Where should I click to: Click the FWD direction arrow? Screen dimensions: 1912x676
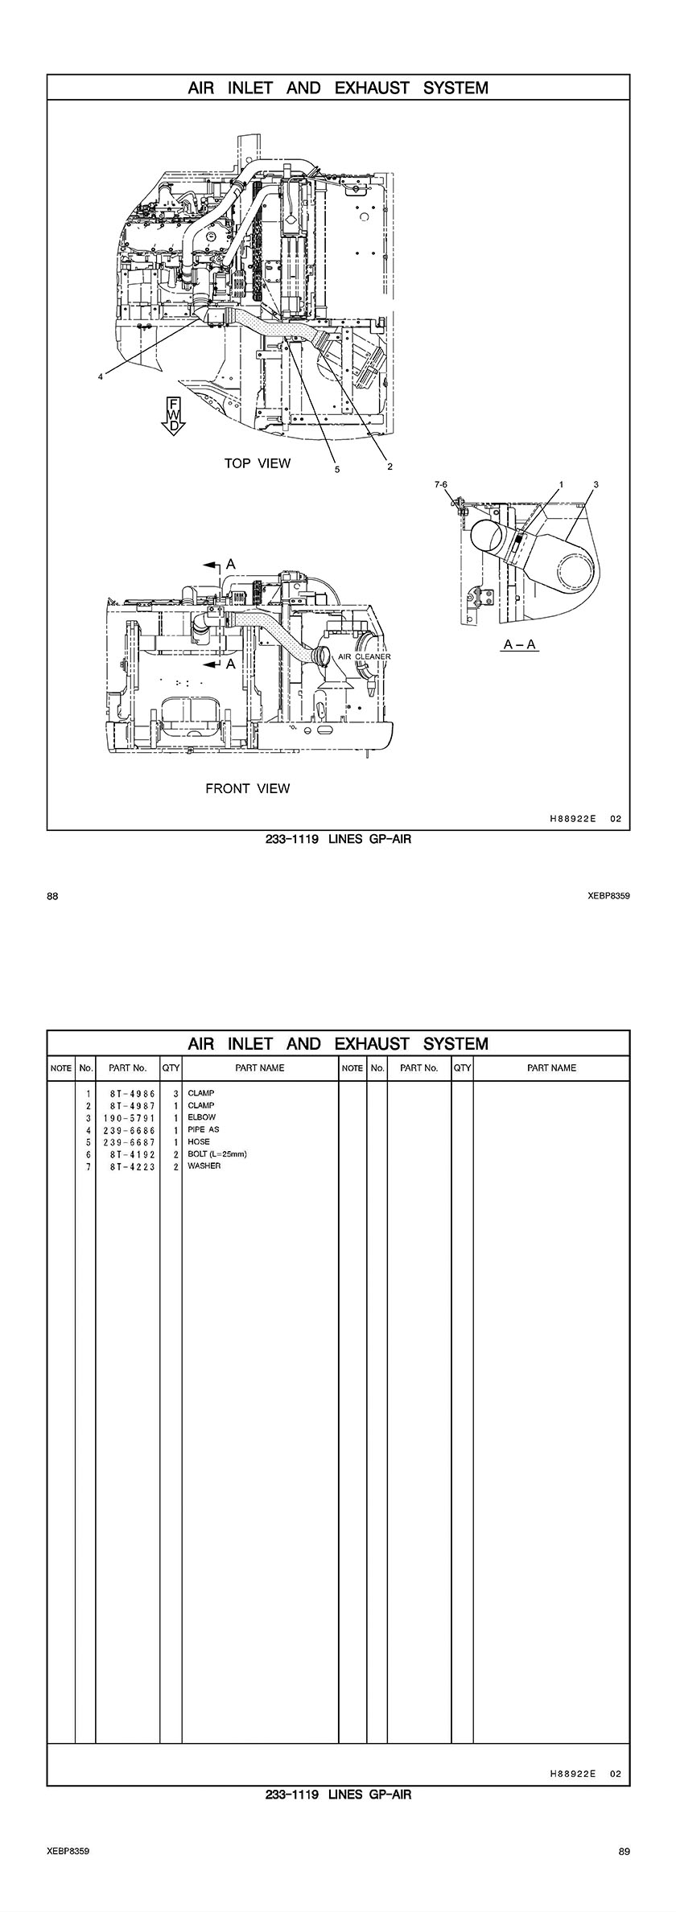[x=172, y=415]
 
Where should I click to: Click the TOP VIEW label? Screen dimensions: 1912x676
[x=258, y=463]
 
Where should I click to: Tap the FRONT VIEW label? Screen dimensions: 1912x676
[x=247, y=788]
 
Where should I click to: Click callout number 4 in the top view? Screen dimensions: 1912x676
[x=100, y=376]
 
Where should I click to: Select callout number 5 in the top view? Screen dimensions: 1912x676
[x=337, y=469]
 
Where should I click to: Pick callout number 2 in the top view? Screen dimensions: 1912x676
[x=390, y=466]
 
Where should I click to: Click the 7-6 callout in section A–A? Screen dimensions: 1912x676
[x=440, y=485]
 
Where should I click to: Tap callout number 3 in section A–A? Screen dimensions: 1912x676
[x=596, y=485]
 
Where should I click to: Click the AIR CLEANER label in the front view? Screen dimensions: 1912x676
[x=364, y=656]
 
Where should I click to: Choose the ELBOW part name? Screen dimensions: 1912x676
[x=201, y=1117]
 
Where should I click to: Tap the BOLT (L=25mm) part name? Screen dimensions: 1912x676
[x=216, y=1153]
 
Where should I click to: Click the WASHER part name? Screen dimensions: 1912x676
[x=204, y=1166]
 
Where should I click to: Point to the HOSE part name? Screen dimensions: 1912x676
[x=199, y=1141]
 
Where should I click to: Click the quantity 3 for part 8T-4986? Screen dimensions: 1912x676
[x=175, y=1093]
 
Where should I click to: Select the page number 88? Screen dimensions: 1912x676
[x=52, y=896]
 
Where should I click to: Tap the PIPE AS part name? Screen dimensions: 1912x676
[x=203, y=1129]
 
